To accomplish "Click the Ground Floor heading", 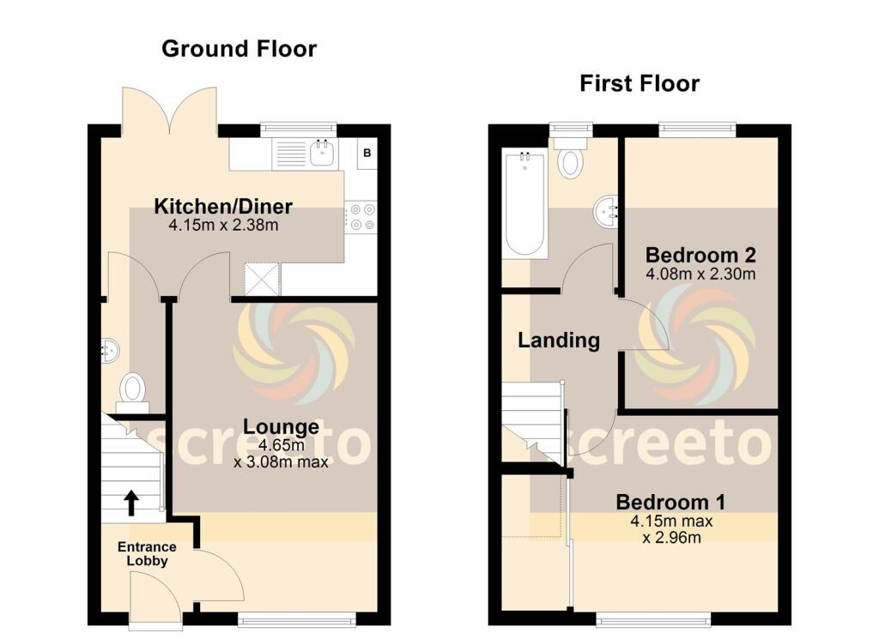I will pos(239,49).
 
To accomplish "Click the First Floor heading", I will pos(640,83).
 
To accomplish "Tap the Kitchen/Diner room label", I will pos(223,207).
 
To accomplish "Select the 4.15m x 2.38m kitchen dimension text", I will pos(223,226).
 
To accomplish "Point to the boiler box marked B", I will pos(367,154).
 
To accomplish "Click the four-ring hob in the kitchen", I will pos(360,215).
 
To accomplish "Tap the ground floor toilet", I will pos(133,390).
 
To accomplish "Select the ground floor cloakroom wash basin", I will pos(110,349).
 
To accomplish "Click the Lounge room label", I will pos(281,426).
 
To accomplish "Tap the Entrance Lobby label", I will pos(147,554).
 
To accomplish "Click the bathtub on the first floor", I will pos(522,202).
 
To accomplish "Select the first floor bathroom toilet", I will pos(569,157).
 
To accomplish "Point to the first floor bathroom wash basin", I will pos(606,211).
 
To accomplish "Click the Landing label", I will pos(559,341).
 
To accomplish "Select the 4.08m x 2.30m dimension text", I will pos(700,274).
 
